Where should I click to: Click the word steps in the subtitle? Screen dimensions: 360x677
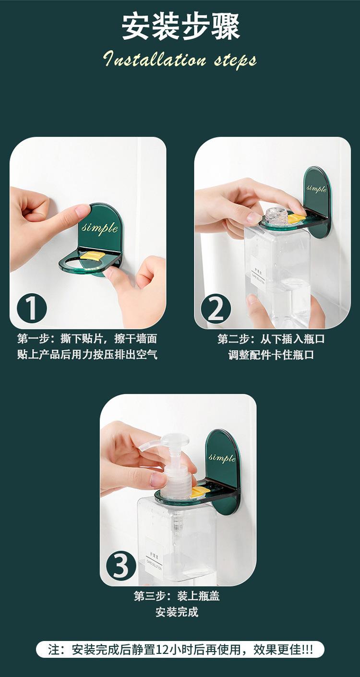click(x=235, y=60)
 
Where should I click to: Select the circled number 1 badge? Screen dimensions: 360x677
click(x=32, y=308)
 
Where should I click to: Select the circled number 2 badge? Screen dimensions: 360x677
click(x=216, y=309)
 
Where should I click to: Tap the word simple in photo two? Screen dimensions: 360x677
click(x=316, y=189)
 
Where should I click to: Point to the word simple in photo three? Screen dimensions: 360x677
click(x=222, y=458)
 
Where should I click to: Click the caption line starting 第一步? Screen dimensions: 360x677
click(x=87, y=338)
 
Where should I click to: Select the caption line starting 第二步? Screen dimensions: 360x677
click(x=271, y=339)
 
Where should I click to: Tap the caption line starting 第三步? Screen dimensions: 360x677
click(x=177, y=596)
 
